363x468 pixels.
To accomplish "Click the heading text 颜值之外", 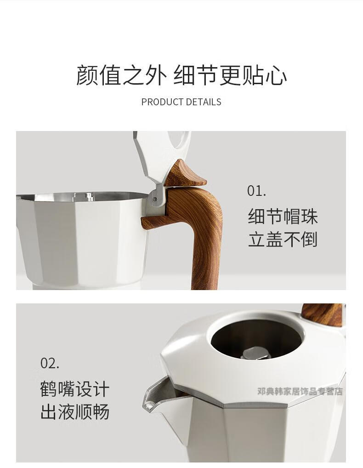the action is coord(121,75).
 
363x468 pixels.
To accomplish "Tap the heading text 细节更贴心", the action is coord(230,75).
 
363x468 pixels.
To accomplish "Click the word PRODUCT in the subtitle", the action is coord(162,102).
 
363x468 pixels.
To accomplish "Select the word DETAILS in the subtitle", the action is coord(204,102).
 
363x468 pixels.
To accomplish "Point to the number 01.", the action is coord(256,191).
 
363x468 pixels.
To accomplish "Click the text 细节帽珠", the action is coord(283,217).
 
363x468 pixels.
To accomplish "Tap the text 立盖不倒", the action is coord(283,240).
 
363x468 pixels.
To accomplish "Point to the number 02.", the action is coord(50,363).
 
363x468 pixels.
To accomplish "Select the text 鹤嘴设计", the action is coord(75,389).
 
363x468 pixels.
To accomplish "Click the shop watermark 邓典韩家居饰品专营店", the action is coord(300,391).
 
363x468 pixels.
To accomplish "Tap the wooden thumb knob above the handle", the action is coord(184,174).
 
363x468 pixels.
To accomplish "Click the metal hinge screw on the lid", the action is coord(154,199).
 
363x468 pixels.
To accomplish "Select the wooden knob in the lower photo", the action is coord(323,315).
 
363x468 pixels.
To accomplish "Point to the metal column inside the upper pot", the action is coord(89,196).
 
